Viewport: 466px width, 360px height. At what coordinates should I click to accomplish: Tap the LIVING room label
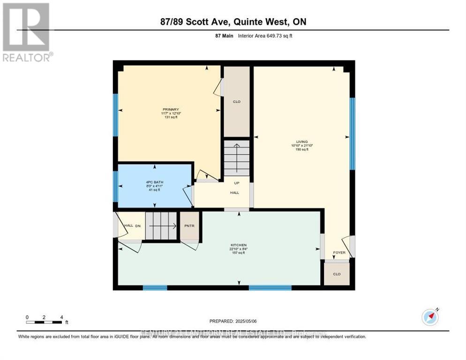tap(302, 141)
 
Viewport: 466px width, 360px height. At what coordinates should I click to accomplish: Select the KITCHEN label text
tap(239, 245)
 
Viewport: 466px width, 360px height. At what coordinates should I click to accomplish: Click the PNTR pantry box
tap(190, 226)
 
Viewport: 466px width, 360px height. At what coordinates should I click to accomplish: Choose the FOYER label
tap(339, 253)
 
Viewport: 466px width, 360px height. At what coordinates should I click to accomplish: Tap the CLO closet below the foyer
tap(337, 274)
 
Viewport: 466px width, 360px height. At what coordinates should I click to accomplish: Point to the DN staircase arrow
tap(162, 226)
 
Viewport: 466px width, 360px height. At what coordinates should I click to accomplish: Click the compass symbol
tap(430, 317)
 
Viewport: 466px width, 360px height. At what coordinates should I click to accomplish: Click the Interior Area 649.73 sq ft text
tap(265, 36)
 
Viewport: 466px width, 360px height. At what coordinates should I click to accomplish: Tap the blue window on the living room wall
tap(352, 134)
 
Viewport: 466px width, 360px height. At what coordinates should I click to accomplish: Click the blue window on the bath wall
tap(115, 186)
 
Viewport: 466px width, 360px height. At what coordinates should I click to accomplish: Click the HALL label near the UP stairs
tap(234, 192)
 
